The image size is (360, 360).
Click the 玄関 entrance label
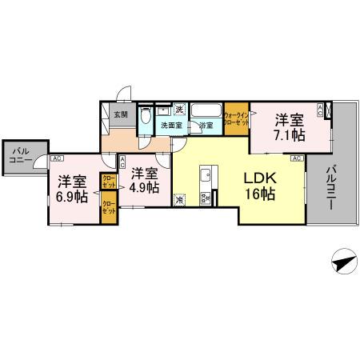(x=120, y=114)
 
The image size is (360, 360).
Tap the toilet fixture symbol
(x=145, y=118)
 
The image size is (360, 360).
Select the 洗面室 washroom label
(x=169, y=126)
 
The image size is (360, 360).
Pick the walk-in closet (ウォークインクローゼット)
(x=235, y=119)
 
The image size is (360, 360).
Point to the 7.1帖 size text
(x=290, y=135)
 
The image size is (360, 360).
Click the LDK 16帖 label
(x=261, y=186)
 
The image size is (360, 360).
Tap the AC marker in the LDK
(x=295, y=159)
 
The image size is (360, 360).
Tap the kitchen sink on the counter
(x=205, y=174)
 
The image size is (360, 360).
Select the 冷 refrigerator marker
(x=179, y=200)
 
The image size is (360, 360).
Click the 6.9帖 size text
(x=70, y=197)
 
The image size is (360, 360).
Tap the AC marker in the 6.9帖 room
(x=58, y=158)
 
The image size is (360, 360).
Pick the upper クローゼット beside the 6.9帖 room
(x=107, y=181)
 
